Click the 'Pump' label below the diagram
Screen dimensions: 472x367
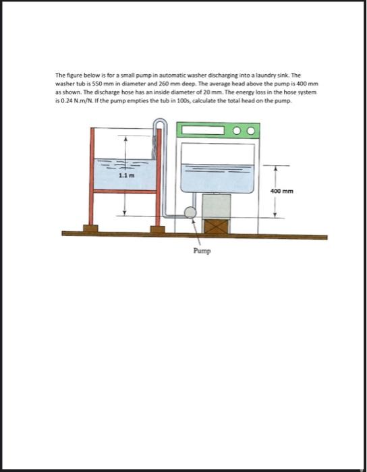(202, 251)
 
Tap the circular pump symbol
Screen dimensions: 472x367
(191, 213)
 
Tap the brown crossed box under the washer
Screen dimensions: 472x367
(216, 225)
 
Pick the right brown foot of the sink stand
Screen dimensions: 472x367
(157, 229)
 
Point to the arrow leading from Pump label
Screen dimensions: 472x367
(196, 232)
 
